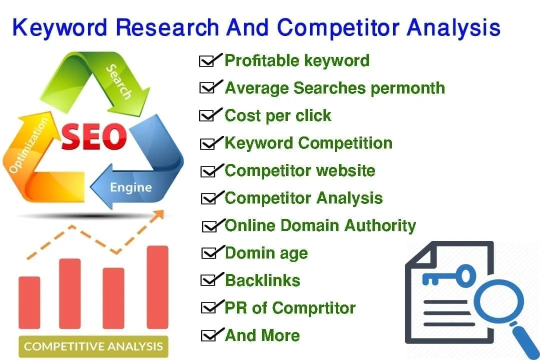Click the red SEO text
coord(93,136)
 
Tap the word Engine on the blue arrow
coord(131,188)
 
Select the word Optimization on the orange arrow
coord(28,145)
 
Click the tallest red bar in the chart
coord(157,287)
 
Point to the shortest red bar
coord(29,302)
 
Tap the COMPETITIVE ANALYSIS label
coord(93,346)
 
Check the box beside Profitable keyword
coord(207,61)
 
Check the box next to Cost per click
coord(207,116)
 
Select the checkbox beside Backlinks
coord(208,280)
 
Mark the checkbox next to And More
coord(208,335)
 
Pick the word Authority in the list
coord(380,226)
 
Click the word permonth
coord(408,88)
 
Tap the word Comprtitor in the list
coord(313,308)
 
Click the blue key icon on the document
coord(449,275)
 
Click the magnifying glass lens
coord(498,302)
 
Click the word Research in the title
coord(167,27)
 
